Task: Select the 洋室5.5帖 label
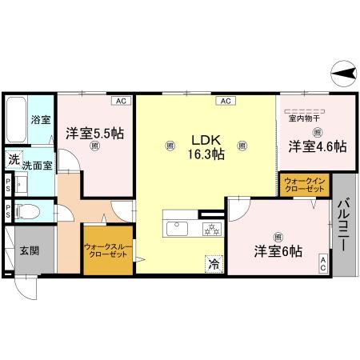[94, 134]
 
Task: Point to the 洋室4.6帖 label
[318, 146]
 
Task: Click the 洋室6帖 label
[278, 250]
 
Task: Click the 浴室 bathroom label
[40, 120]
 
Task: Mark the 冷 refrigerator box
[214, 262]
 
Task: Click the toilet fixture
[26, 212]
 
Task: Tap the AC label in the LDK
[225, 101]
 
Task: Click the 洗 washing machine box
[13, 159]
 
